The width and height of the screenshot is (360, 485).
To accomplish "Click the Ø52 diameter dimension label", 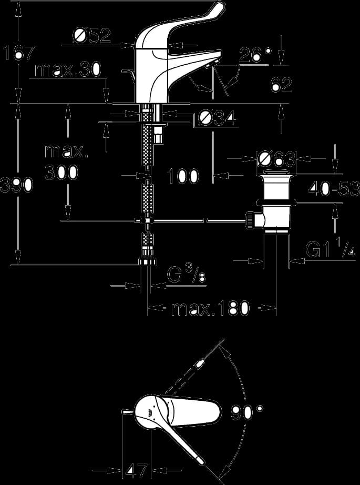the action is [92, 36].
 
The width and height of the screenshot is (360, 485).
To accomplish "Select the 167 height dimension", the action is [18, 53].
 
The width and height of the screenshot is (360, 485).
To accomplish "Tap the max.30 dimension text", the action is [68, 70].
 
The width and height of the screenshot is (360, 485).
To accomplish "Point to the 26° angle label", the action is [255, 55].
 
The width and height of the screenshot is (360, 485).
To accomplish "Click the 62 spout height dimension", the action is [282, 85].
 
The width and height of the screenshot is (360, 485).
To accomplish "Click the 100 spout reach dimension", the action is [182, 177].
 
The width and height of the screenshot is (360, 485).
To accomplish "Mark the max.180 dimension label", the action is [210, 308].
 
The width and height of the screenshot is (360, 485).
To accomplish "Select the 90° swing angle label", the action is [247, 413].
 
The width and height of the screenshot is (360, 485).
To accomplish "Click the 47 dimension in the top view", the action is [137, 471].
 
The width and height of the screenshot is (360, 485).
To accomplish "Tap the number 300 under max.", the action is [61, 173].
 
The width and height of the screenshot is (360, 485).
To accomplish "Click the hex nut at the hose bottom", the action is [147, 261].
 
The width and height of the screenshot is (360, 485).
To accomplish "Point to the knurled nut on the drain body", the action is [250, 220].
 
